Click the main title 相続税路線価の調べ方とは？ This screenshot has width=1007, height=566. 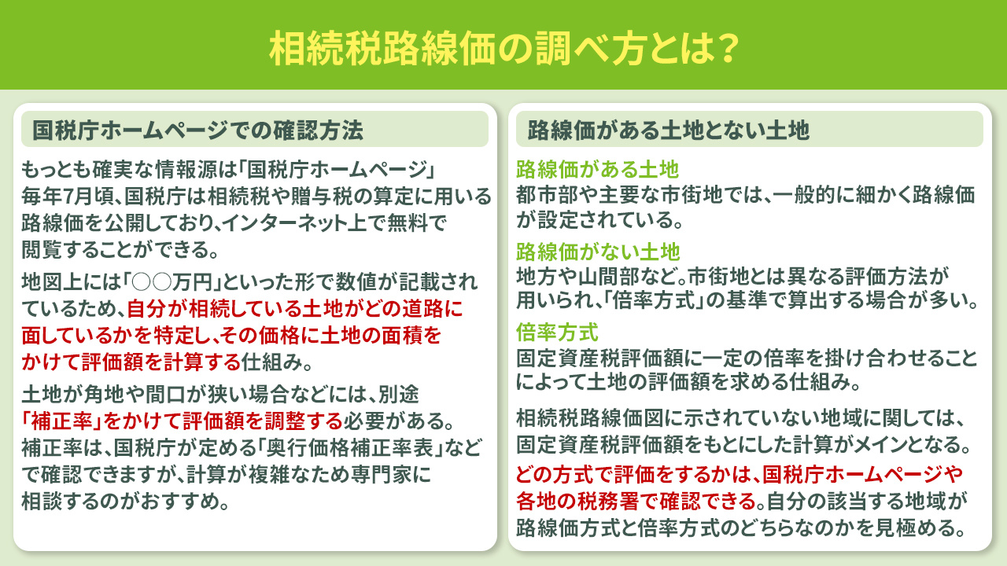point(503,49)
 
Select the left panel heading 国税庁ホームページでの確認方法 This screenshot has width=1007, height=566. point(197,130)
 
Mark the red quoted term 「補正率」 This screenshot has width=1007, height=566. point(59,417)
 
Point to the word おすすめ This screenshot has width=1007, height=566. point(192,502)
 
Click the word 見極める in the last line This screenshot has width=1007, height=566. point(914,527)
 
